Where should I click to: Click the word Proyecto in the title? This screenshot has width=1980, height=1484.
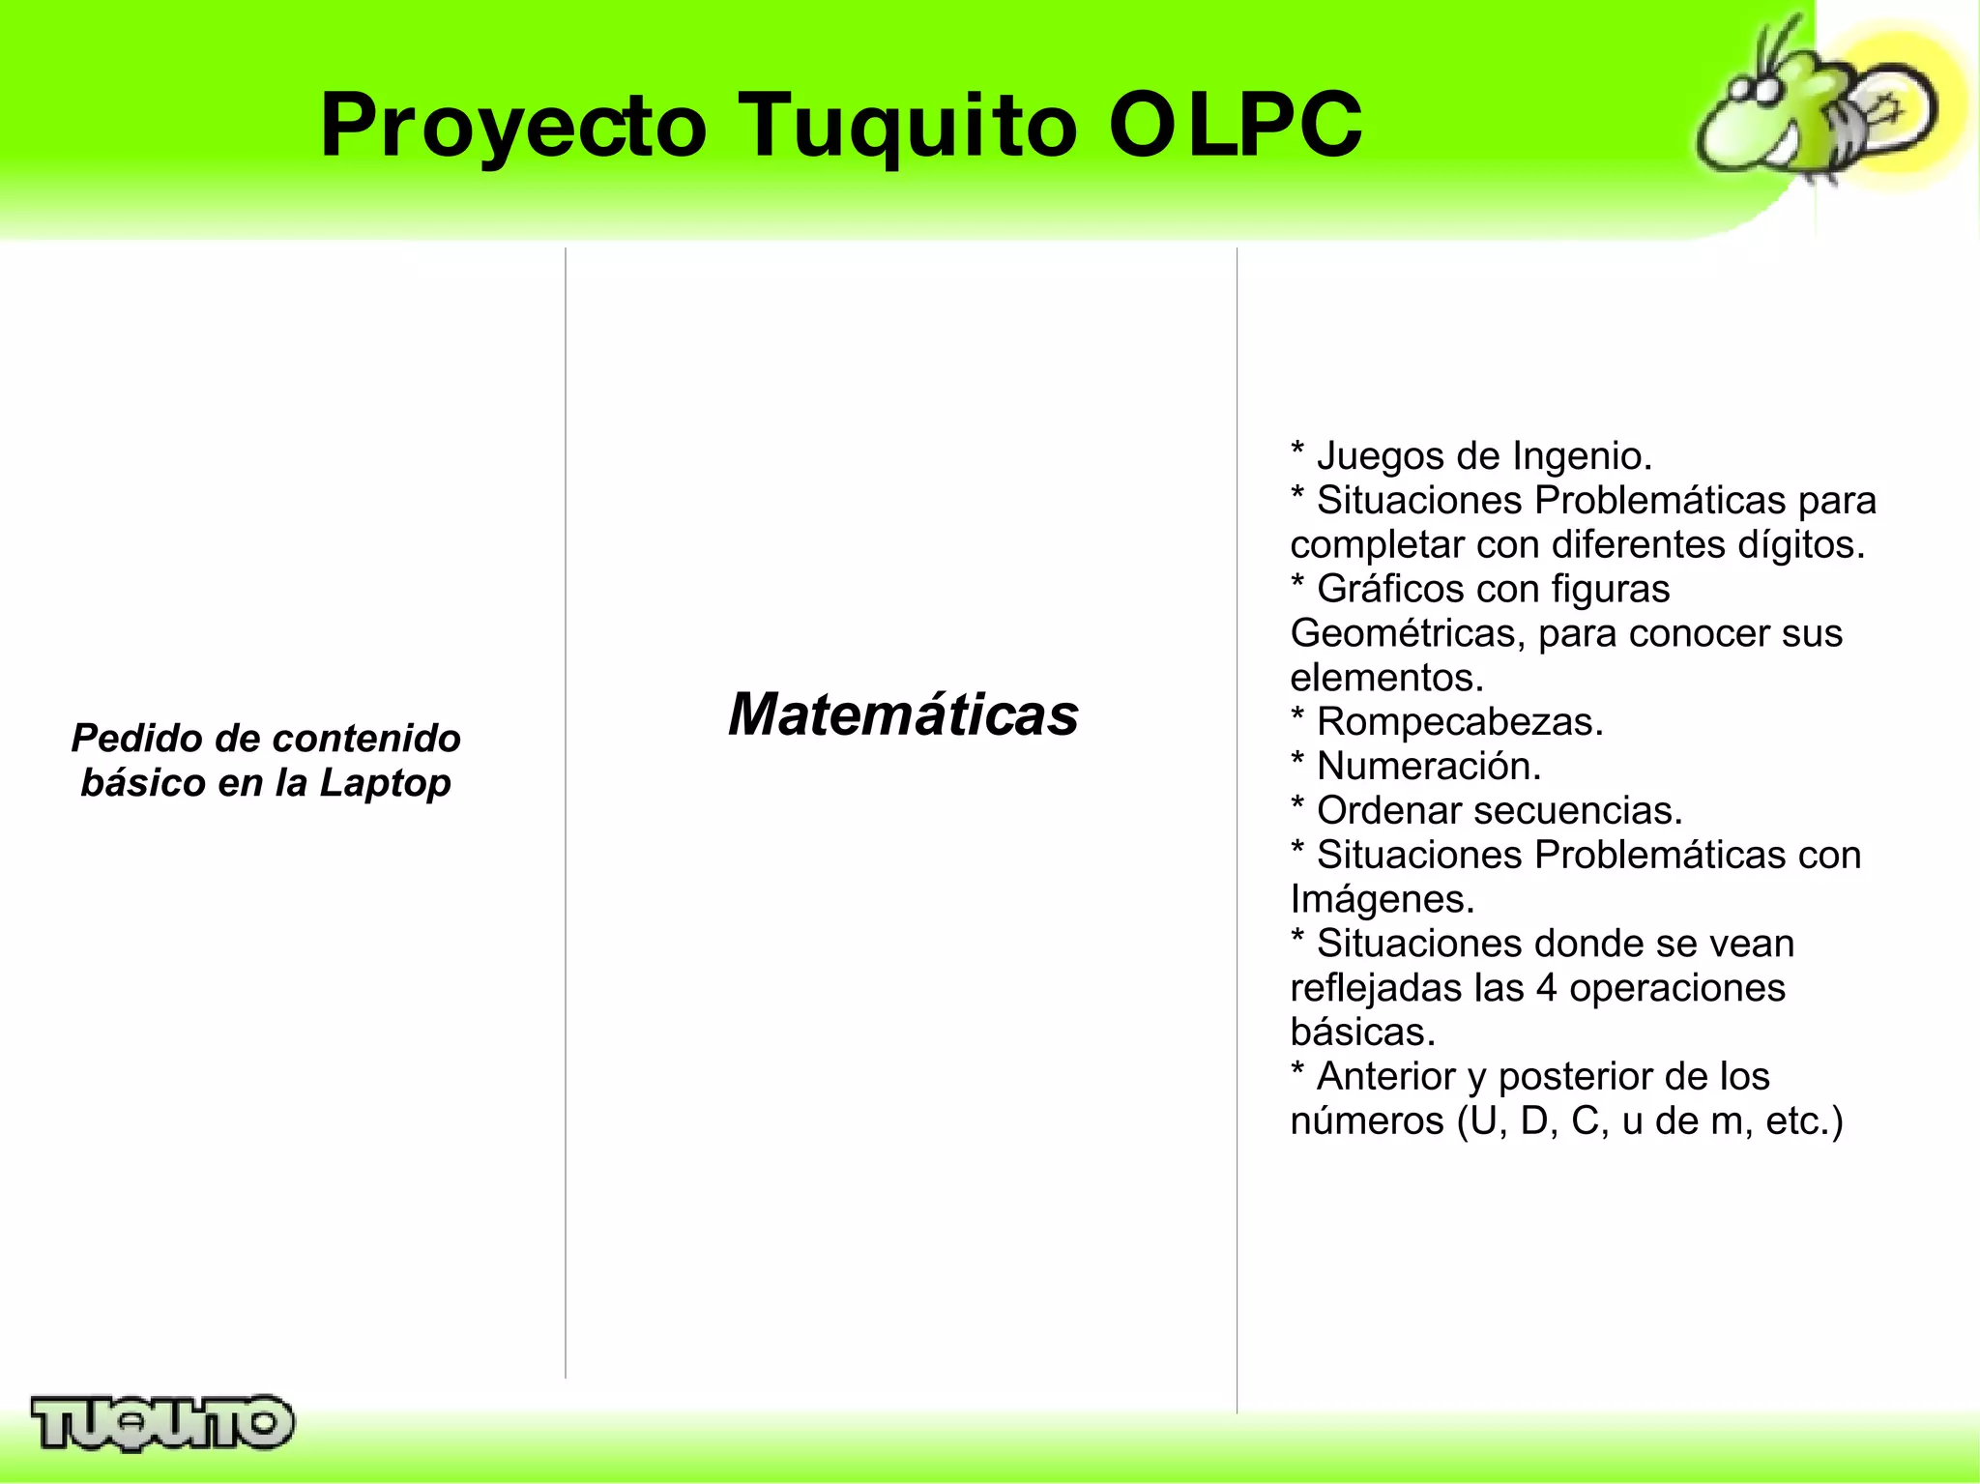click(x=513, y=126)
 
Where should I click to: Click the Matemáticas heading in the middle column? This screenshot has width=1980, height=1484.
click(x=902, y=714)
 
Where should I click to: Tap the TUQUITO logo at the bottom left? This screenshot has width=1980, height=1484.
click(x=161, y=1422)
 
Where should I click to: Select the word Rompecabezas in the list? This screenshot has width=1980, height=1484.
click(x=1459, y=722)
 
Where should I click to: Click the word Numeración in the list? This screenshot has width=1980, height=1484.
click(x=1428, y=767)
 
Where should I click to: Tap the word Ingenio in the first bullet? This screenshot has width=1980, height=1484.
click(x=1581, y=456)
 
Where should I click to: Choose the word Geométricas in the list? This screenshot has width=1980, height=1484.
click(x=1407, y=634)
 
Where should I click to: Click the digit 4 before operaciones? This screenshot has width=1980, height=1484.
click(x=1546, y=988)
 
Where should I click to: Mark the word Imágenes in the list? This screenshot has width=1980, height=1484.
click(x=1382, y=900)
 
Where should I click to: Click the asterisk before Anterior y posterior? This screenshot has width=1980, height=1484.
click(x=1297, y=1070)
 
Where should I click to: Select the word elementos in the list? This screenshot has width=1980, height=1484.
click(x=1385, y=678)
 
